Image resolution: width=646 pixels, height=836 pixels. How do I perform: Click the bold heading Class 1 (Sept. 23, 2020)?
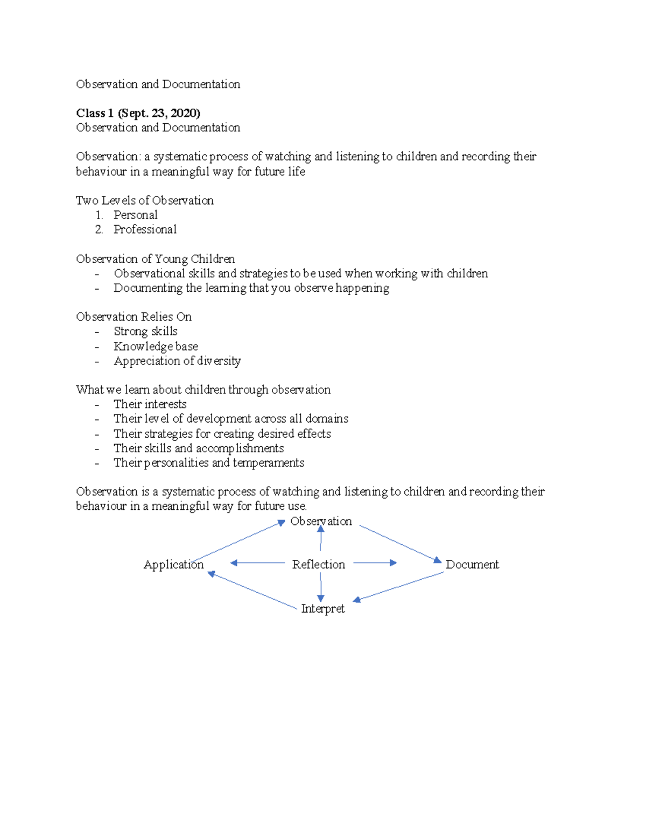click(138, 113)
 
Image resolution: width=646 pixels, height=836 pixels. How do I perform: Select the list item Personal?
click(135, 215)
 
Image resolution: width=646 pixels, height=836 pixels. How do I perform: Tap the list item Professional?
click(145, 229)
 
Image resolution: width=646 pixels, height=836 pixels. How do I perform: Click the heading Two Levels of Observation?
click(144, 200)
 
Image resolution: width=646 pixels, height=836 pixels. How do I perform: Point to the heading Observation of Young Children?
click(155, 259)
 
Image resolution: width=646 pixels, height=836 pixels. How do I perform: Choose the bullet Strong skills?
click(145, 331)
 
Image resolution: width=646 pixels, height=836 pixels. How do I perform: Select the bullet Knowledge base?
click(156, 346)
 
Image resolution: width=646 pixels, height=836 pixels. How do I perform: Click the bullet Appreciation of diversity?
click(177, 361)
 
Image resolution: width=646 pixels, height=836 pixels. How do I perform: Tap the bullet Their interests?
click(150, 404)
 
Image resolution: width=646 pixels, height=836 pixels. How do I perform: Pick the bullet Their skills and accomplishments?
click(198, 448)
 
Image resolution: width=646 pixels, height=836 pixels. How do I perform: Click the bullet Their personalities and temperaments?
click(209, 463)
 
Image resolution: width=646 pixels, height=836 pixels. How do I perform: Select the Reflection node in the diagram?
click(318, 564)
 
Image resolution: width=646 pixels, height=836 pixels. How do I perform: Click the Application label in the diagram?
click(173, 564)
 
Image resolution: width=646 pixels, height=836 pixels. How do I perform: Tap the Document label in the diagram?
click(472, 564)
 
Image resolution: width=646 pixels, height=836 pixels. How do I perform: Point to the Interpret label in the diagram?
click(322, 608)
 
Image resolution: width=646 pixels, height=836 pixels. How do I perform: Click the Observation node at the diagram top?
click(321, 521)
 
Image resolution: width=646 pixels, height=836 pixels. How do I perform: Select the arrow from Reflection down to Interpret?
click(321, 587)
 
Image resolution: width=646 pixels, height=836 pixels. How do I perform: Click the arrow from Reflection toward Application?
click(257, 563)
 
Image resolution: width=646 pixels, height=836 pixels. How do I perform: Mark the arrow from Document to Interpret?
click(398, 586)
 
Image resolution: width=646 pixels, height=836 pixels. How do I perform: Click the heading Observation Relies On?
click(134, 317)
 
